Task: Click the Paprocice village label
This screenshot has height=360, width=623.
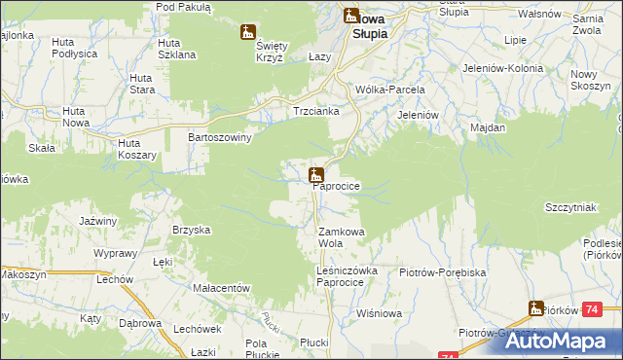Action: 337,185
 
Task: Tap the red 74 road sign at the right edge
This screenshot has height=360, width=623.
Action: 610,309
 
